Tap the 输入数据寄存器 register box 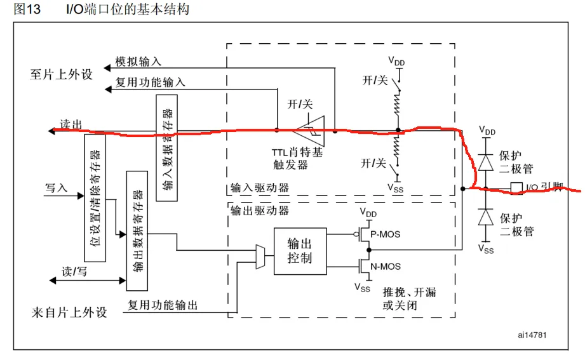coord(166,148)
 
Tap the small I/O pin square coord(515,188)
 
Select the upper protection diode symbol coord(487,161)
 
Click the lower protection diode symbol coord(487,217)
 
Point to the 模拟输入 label coord(138,62)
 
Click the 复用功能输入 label coord(151,82)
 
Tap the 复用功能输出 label coord(163,305)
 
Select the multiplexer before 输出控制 coord(260,257)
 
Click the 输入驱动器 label coord(260,188)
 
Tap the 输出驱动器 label coord(260,210)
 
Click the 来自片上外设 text coord(69,313)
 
